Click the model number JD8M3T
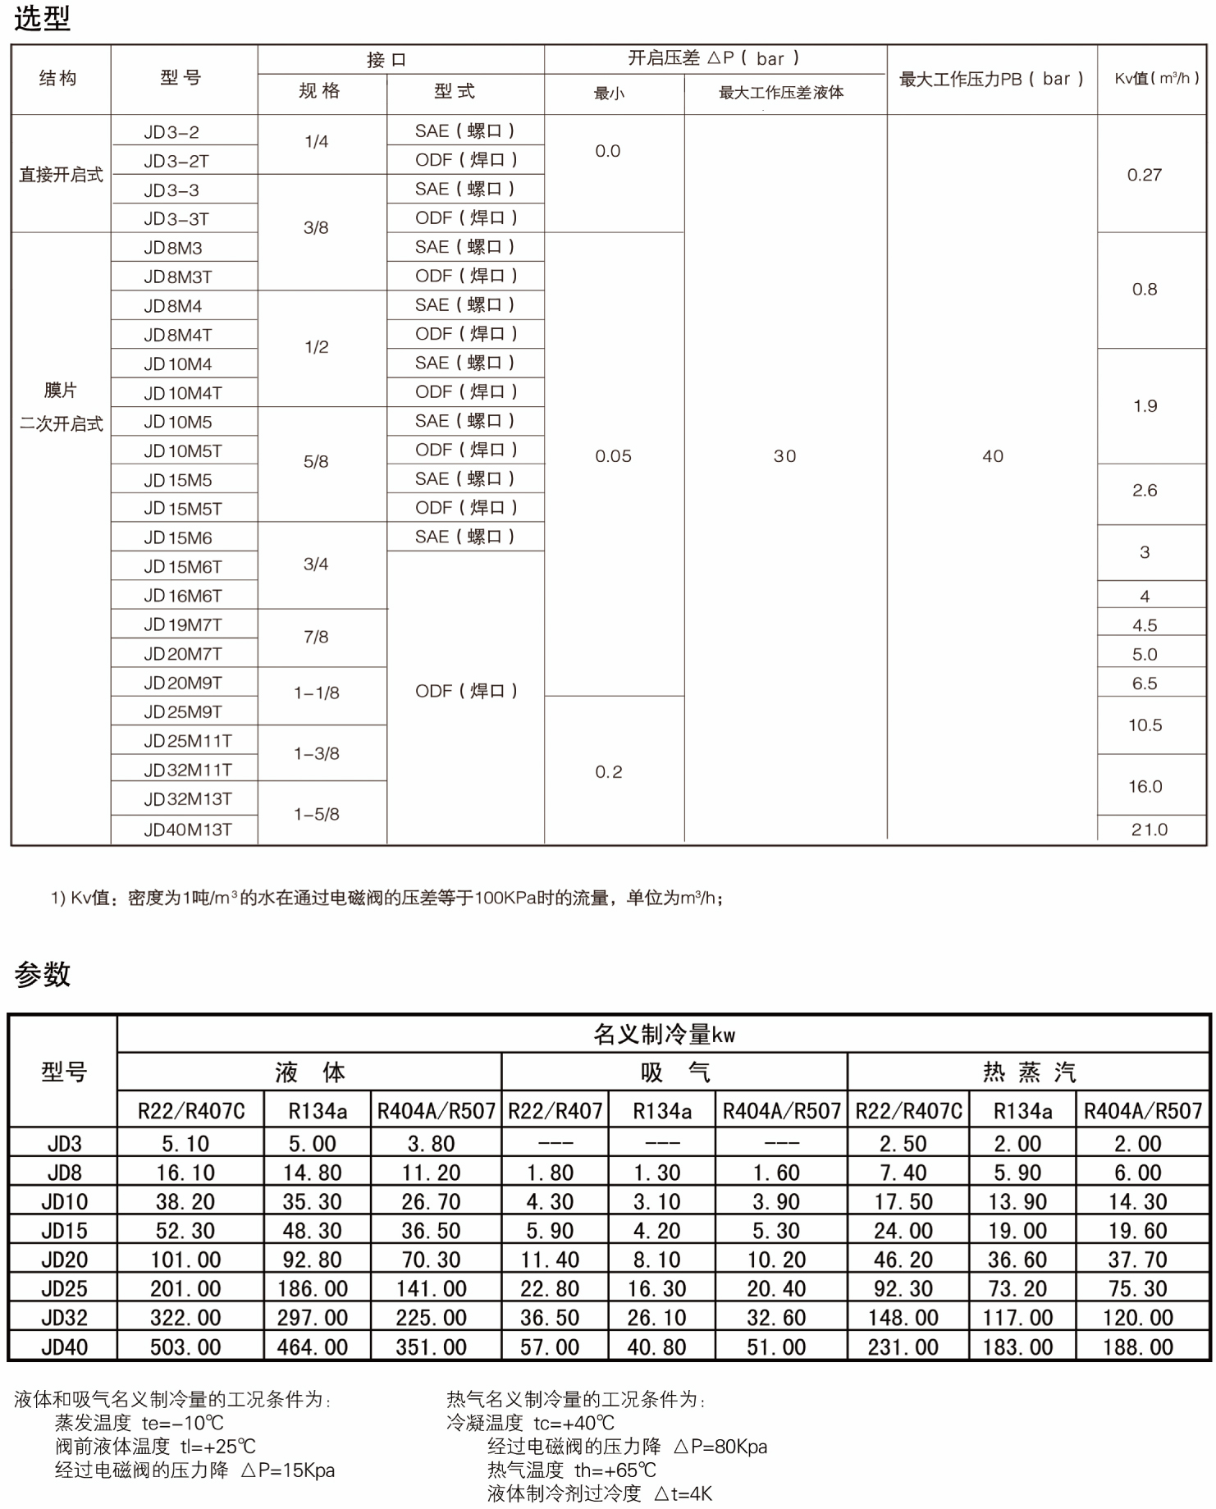(x=178, y=277)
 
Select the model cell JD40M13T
(x=187, y=830)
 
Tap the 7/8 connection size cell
(x=316, y=637)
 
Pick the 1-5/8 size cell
(x=317, y=814)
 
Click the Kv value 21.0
(x=1149, y=830)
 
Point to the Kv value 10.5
(x=1145, y=725)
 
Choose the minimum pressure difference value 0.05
(x=613, y=456)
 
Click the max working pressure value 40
(x=992, y=456)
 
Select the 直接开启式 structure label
(x=61, y=175)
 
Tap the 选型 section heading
(x=42, y=18)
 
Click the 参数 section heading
(x=42, y=974)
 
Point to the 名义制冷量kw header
(x=664, y=1035)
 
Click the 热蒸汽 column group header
(x=1029, y=1072)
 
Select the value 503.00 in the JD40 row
(x=185, y=1347)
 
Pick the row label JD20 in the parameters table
(x=64, y=1260)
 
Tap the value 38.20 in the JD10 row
(x=185, y=1202)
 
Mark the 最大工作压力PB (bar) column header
(x=991, y=80)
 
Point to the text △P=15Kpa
(x=288, y=1470)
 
